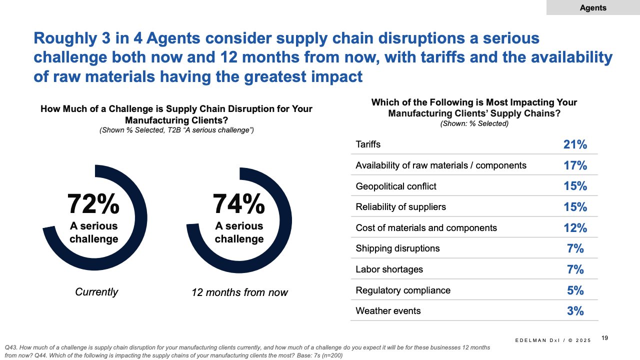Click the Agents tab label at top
coord(593,7)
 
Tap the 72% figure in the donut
coord(93,203)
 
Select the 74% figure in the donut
coord(239,203)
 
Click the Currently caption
coord(96,292)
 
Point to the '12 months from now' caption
coord(239,292)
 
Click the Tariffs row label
coord(368,144)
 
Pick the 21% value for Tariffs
coord(575,145)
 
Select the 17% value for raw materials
coord(575,165)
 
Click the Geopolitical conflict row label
coord(396,186)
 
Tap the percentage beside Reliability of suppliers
coord(575,207)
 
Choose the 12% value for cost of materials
coord(575,228)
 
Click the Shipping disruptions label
coord(397,248)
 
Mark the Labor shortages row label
coord(389,269)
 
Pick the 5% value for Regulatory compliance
coord(575,290)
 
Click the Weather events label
coord(388,311)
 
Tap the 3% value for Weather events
coord(575,311)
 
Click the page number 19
coord(604,338)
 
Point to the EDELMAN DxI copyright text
coord(552,340)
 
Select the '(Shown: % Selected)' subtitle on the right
coord(474,123)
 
